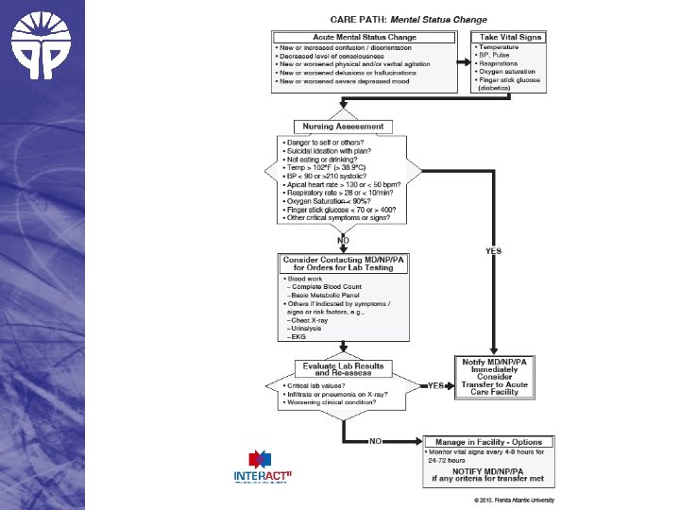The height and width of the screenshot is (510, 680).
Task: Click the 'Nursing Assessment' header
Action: tap(343, 126)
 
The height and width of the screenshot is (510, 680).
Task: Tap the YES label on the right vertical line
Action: tap(493, 251)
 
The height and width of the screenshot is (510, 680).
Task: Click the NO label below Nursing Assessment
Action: tap(342, 240)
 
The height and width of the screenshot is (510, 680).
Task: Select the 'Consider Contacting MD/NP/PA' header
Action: tap(344, 263)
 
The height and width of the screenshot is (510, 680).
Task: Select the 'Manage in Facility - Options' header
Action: tap(489, 441)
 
